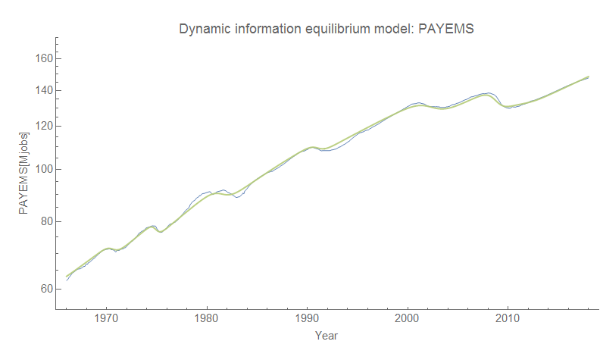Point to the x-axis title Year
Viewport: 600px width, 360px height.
[x=327, y=335]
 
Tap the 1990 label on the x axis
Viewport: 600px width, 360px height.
[x=307, y=319]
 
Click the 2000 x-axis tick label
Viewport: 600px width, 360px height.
[x=408, y=319]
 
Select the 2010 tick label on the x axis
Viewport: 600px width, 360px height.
[x=508, y=319]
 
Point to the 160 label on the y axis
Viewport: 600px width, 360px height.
[x=42, y=58]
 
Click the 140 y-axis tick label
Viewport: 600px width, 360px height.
[x=42, y=91]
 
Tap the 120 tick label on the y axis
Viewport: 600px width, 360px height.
[x=42, y=126]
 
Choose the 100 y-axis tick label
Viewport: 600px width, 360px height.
[x=42, y=169]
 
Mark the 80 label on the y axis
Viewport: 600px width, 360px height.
[x=44, y=221]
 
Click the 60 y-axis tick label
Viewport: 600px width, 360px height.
[x=44, y=289]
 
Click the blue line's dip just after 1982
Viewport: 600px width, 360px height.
[x=238, y=197]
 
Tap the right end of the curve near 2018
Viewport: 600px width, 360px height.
[x=589, y=77]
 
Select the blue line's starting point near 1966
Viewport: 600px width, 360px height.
[x=67, y=280]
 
